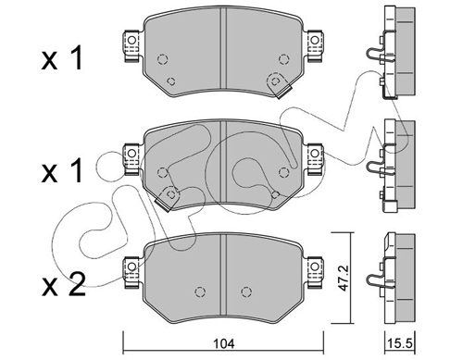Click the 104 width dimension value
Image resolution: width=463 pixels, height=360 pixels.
click(x=225, y=343)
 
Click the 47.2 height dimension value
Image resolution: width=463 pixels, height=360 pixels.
click(x=343, y=278)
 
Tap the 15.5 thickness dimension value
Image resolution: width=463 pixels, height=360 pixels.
click(x=401, y=343)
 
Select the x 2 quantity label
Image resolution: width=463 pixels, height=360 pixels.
click(x=64, y=285)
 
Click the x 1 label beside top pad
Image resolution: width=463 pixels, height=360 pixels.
click(x=62, y=57)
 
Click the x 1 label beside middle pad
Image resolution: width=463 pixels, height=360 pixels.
click(x=62, y=170)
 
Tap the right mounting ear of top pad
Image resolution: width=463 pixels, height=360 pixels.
click(x=314, y=45)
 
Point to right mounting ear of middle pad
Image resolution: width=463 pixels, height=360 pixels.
click(x=314, y=159)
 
